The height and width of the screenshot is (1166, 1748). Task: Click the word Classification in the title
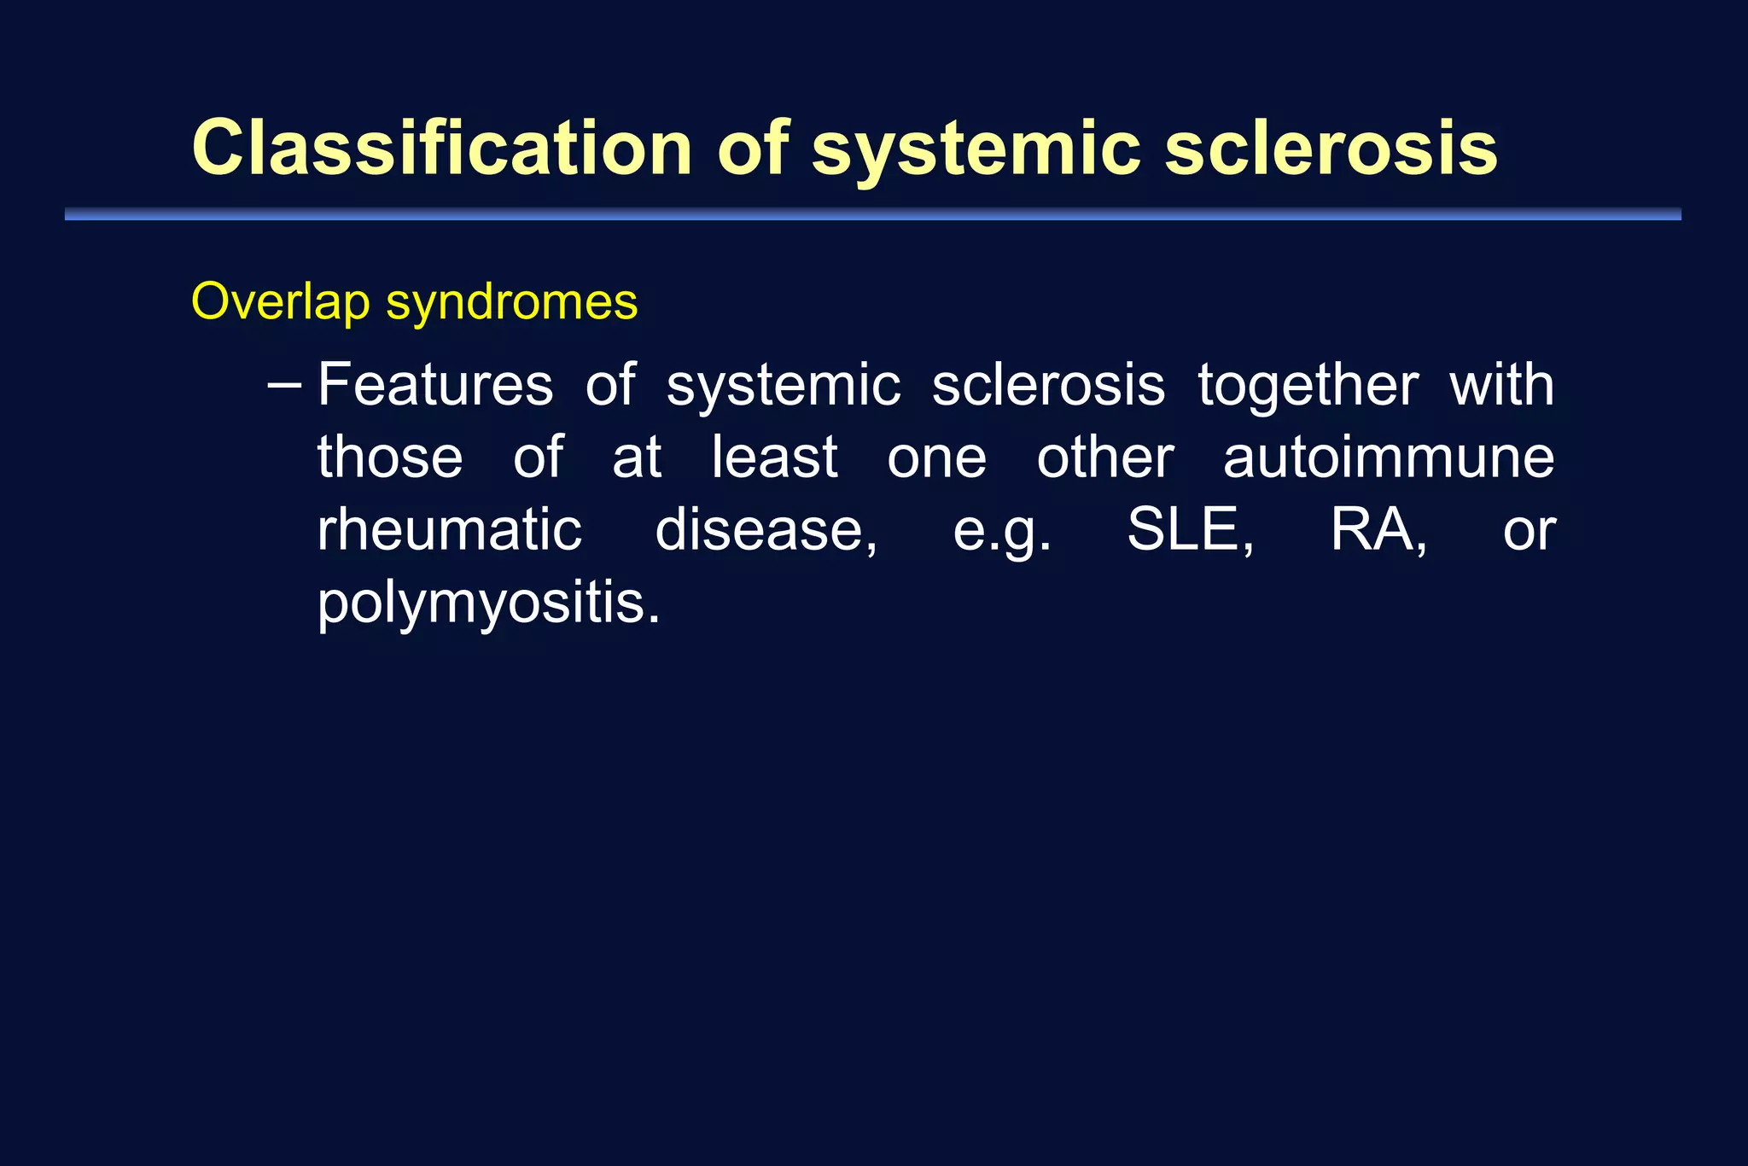[x=441, y=148]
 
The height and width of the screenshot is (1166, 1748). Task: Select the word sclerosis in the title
[x=1331, y=148]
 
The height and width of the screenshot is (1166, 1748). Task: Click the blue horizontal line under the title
[x=872, y=214]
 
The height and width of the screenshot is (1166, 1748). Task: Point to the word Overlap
[x=281, y=303]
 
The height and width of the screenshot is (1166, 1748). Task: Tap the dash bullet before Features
[x=283, y=386]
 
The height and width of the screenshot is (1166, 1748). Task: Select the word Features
[x=435, y=385]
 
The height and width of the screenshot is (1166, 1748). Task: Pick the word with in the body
[x=1501, y=384]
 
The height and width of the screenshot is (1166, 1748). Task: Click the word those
[x=390, y=458]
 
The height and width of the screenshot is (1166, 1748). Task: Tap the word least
[x=774, y=458]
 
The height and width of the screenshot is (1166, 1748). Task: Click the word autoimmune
[x=1388, y=458]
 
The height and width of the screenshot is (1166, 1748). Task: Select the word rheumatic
[x=449, y=530]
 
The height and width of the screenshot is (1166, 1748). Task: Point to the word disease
[x=765, y=530]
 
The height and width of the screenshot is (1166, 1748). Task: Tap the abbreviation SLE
[x=1190, y=530]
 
